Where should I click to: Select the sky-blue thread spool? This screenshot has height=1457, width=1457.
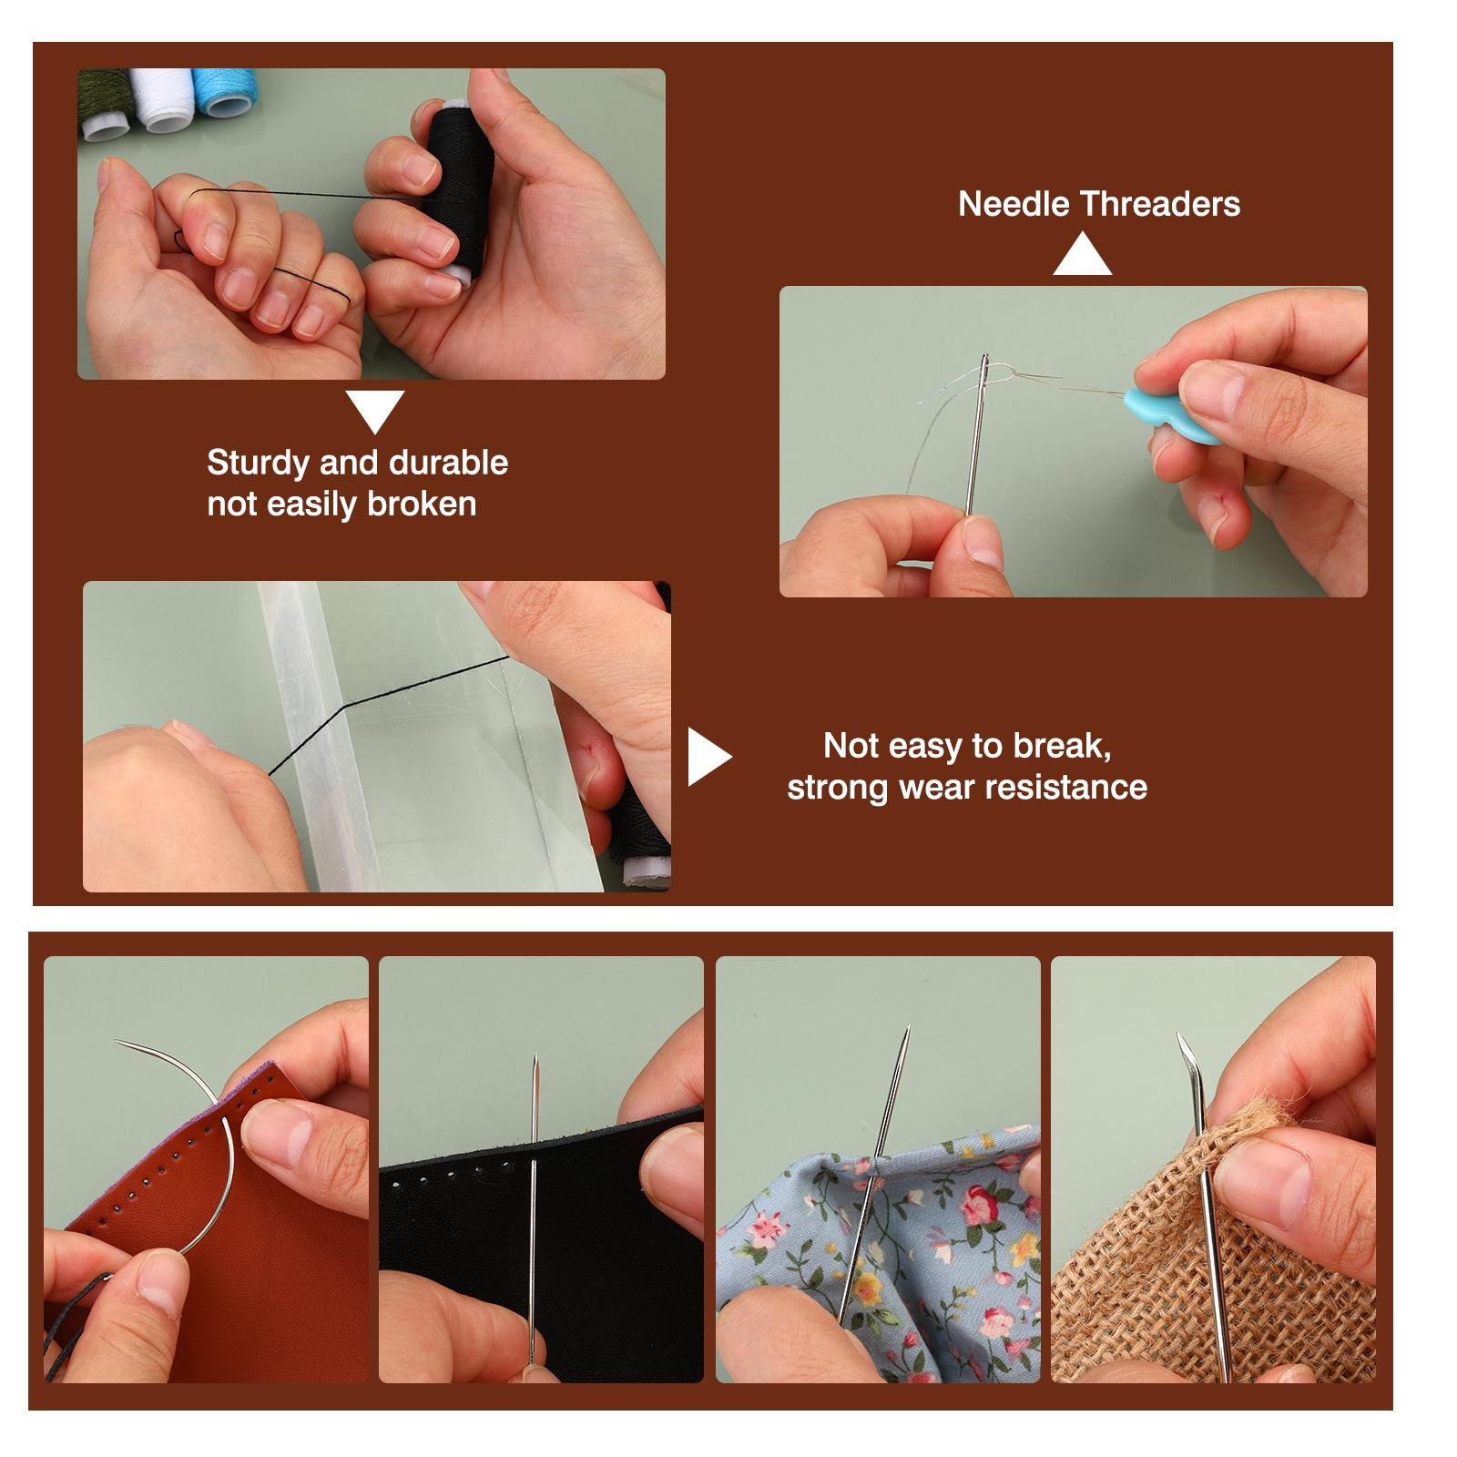coord(226,92)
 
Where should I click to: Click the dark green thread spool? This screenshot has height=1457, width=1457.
coord(104,103)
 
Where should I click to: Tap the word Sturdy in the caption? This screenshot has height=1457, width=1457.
coord(259,464)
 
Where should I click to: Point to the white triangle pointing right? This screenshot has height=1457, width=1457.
coord(708,756)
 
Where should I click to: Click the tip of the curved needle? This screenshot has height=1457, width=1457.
coord(117,1042)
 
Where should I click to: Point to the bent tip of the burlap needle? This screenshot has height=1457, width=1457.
coord(1178,1037)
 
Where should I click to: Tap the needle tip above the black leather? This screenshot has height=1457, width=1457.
coord(534,1057)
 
